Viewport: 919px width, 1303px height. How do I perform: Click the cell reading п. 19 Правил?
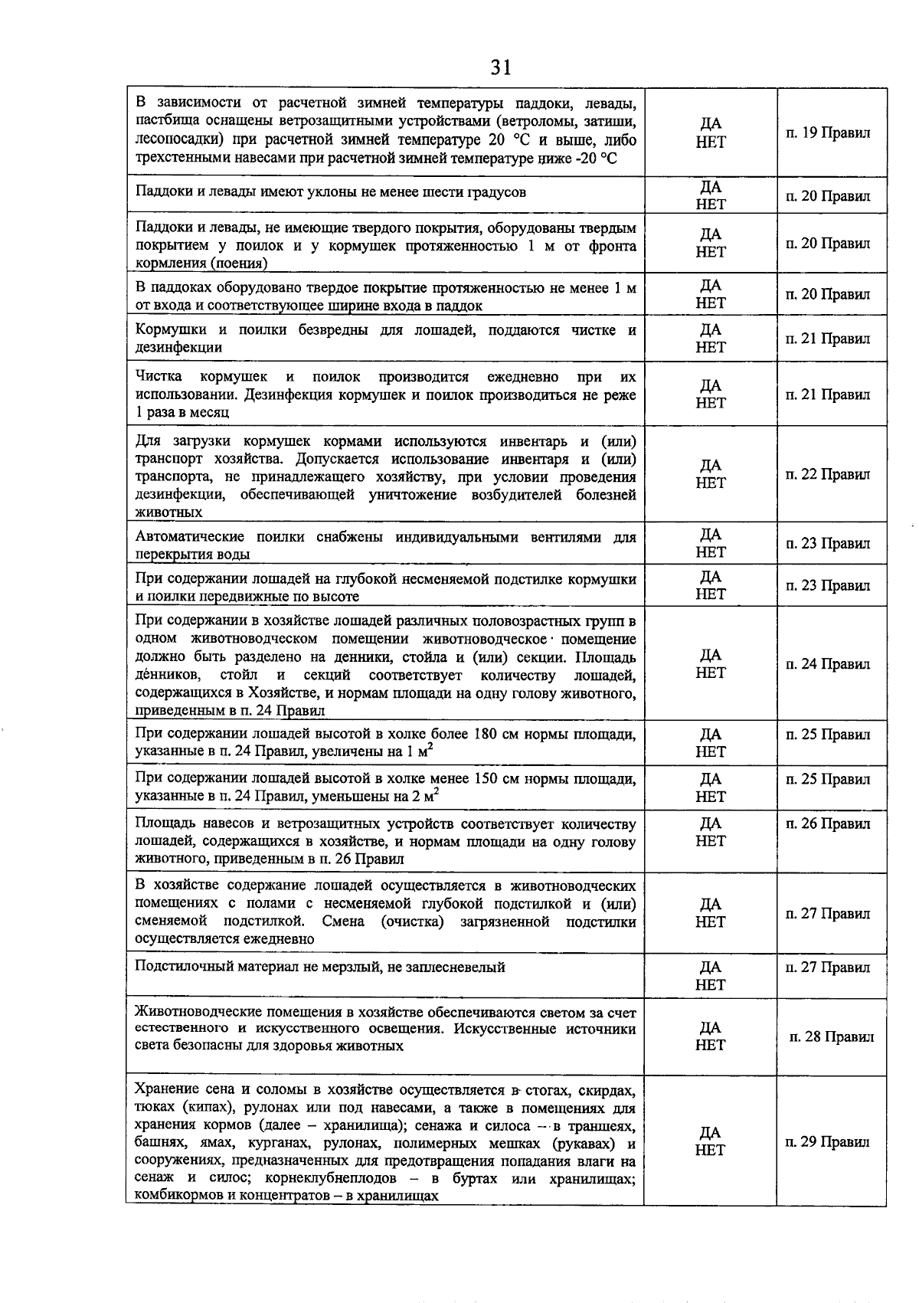[828, 133]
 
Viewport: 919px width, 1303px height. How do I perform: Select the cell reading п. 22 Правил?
[828, 475]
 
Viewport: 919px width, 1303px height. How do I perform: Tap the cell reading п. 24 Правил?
[828, 664]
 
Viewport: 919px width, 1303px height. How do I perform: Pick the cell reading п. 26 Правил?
[828, 824]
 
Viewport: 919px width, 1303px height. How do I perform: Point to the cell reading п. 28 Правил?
[831, 1037]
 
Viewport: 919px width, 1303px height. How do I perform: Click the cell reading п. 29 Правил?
[828, 1142]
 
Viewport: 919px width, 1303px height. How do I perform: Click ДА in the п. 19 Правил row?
[711, 124]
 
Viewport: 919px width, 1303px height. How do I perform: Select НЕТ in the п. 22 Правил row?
[711, 483]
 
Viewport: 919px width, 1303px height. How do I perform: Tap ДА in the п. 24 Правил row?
[711, 656]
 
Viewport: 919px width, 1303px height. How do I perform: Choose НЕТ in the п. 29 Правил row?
[711, 1150]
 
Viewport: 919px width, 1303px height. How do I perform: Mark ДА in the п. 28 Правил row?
[711, 1028]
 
